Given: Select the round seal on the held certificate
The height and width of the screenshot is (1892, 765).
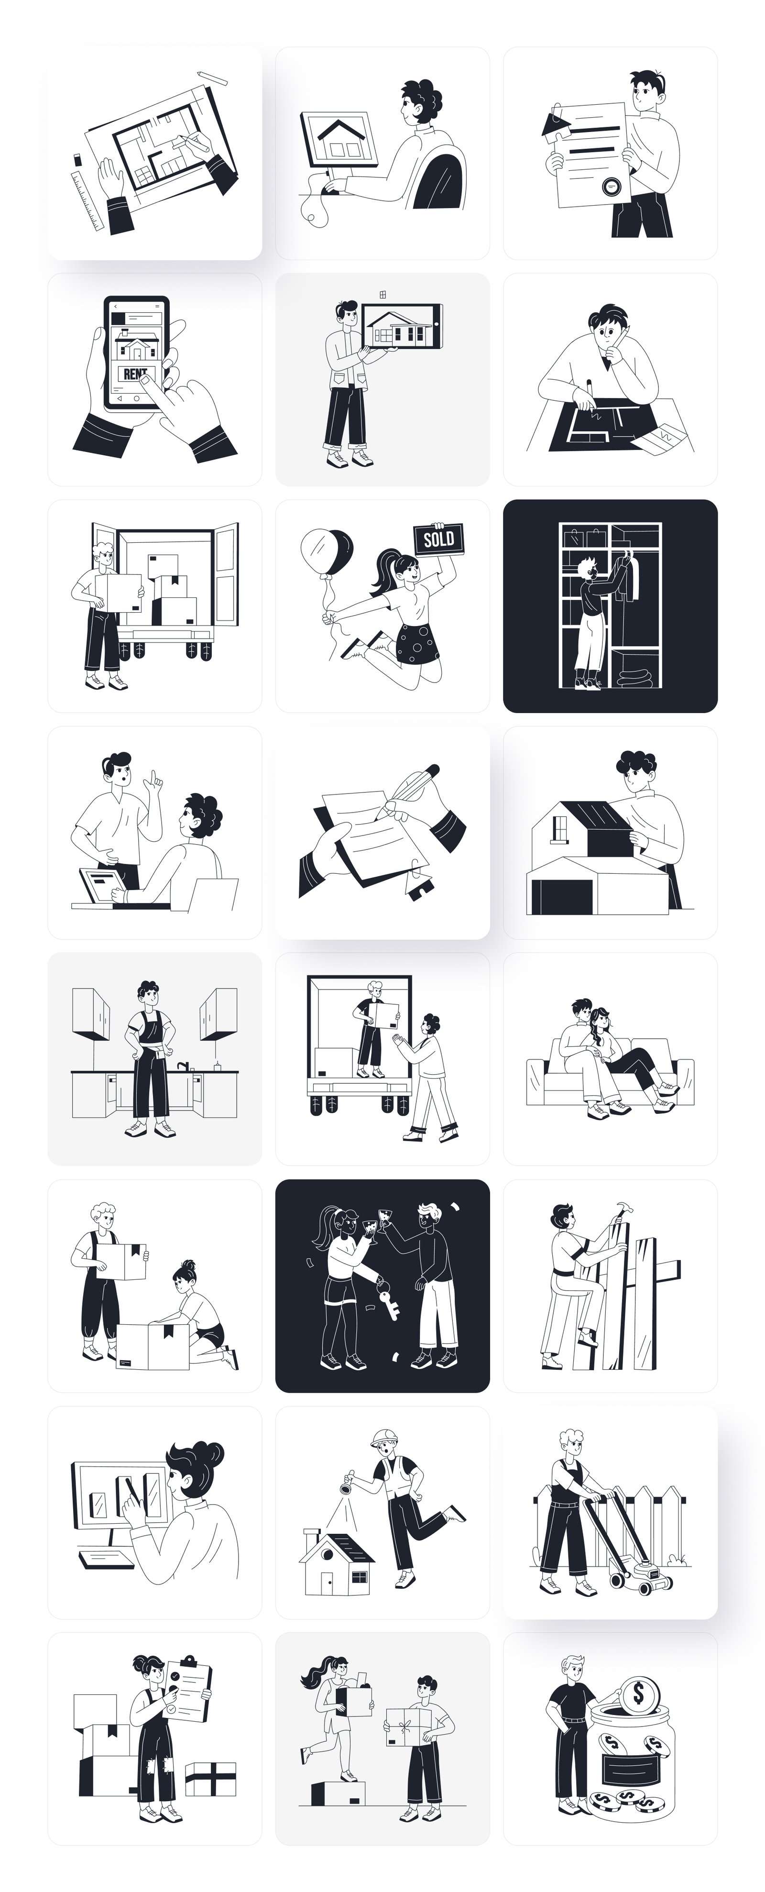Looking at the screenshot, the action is tap(609, 186).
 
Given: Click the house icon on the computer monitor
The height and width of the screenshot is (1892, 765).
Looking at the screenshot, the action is tap(339, 138).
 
